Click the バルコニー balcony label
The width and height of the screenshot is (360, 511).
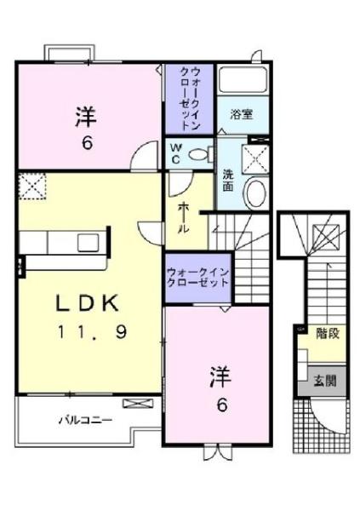click(85, 419)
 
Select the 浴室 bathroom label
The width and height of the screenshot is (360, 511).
click(241, 115)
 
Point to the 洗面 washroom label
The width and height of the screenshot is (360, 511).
click(228, 180)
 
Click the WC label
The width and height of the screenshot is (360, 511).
click(174, 154)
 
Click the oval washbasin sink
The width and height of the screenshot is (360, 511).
click(254, 192)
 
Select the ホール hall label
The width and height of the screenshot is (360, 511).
click(184, 216)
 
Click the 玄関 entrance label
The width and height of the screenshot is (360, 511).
click(324, 381)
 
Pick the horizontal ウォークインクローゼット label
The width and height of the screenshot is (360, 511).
click(197, 275)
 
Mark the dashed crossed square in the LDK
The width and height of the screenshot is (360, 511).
click(31, 184)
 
